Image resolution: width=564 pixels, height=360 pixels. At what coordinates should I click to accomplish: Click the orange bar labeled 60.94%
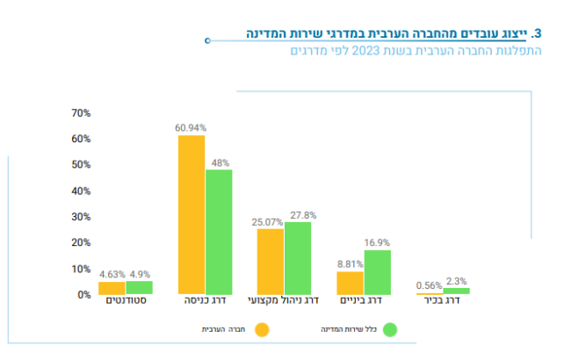[x=192, y=215]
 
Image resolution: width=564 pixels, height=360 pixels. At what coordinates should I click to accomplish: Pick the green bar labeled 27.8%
[x=298, y=258]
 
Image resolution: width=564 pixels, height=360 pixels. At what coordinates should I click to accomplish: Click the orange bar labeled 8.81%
[x=351, y=283]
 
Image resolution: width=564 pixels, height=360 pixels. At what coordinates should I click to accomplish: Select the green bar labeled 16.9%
[x=378, y=272]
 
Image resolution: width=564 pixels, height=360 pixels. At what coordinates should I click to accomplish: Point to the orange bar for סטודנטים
[x=112, y=288]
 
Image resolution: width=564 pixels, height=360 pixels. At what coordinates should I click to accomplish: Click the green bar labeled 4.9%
[x=139, y=287]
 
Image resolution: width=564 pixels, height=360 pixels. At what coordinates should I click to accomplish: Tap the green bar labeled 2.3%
[x=457, y=291]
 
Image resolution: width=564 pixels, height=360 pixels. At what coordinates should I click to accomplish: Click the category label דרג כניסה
[x=203, y=301]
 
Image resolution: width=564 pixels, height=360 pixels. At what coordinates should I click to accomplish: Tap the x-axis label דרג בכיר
[x=442, y=301]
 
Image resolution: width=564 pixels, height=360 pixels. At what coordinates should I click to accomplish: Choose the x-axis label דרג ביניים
[x=363, y=301]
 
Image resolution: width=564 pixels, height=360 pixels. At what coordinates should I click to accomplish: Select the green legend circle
[x=391, y=330]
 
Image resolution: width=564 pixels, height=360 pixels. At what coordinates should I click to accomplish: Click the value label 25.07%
[x=267, y=223]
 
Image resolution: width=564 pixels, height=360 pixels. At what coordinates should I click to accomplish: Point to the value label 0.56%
[x=429, y=285]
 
